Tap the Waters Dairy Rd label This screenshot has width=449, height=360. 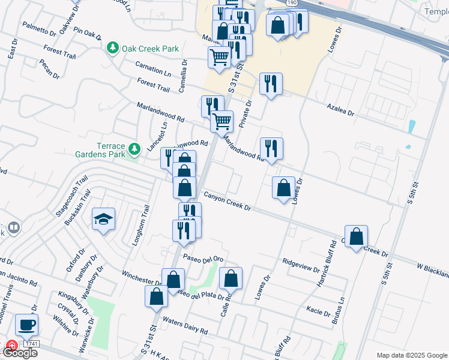pyautogui.click(x=185, y=326)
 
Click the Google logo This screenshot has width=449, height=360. pyautogui.click(x=20, y=353)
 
